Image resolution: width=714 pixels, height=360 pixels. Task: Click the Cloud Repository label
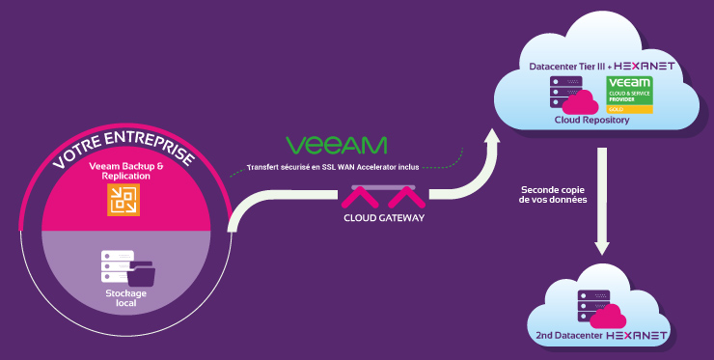591,121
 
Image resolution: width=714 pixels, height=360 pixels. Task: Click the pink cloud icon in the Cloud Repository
582,99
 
